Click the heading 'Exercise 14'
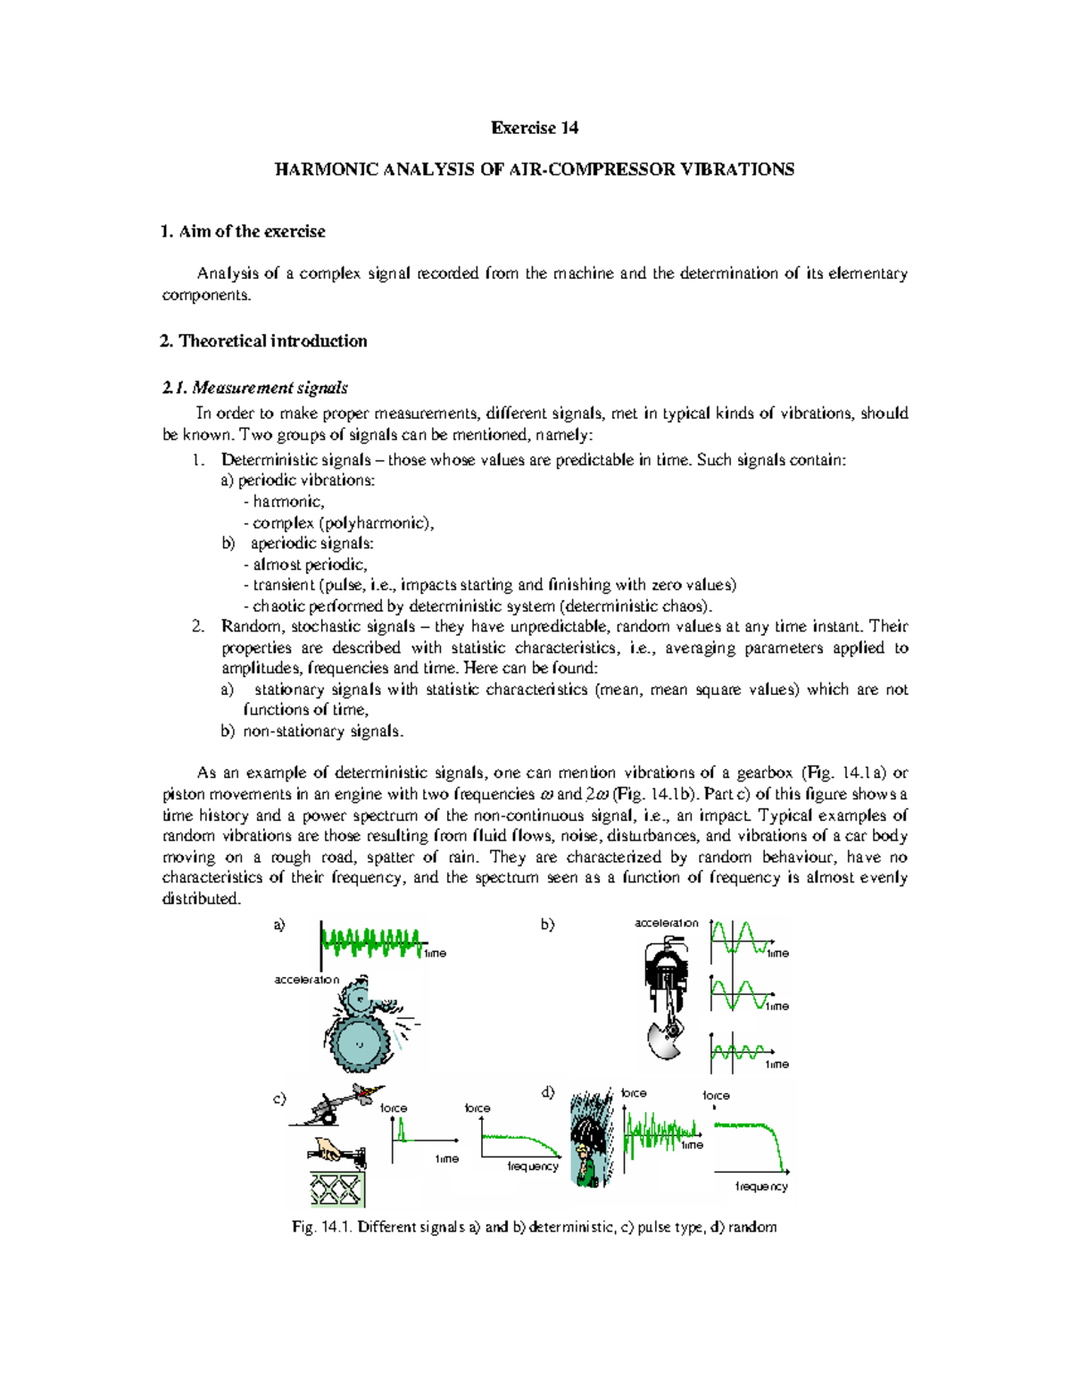coord(534,128)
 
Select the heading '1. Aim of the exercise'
coord(243,231)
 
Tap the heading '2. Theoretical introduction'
coord(263,341)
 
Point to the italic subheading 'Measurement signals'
coord(270,388)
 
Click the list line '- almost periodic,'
coord(304,564)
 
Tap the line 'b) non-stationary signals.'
coord(312,731)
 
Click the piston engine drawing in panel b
coord(665,991)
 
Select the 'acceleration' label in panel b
coord(666,923)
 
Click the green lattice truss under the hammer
coord(337,1189)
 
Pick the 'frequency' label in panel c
coord(533,1166)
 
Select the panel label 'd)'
coord(548,1091)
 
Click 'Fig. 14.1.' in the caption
coord(322,1227)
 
